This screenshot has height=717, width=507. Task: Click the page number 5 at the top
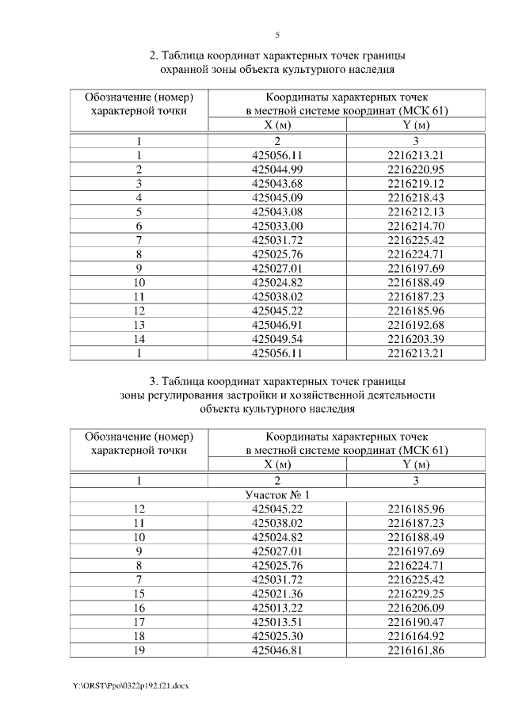[277, 35]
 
